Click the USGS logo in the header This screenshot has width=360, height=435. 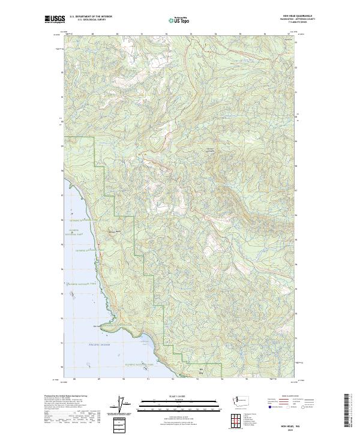[54, 20]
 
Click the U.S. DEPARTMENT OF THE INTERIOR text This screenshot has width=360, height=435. [90, 16]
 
